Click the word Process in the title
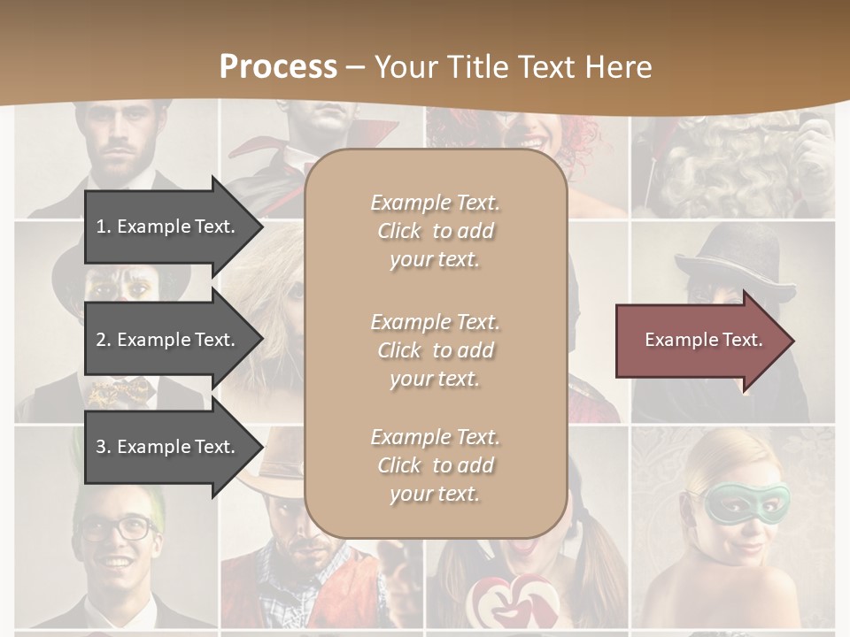coord(278,67)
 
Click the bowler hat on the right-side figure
coord(734,257)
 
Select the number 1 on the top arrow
coord(101,226)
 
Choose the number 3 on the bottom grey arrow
coord(101,447)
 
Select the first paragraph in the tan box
coord(435,231)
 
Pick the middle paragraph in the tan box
coord(435,350)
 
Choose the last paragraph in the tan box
coord(435,465)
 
